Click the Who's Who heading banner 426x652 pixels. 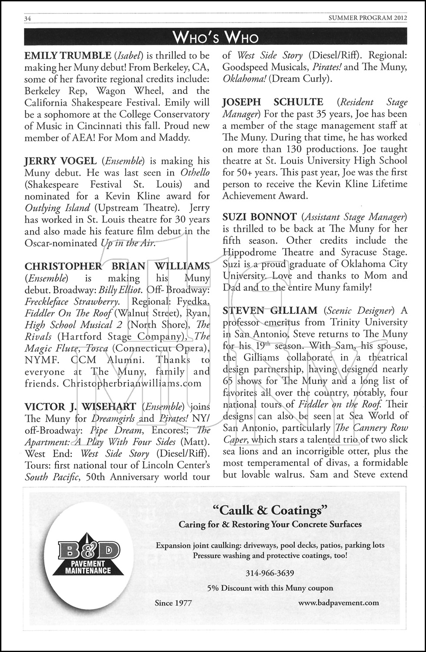coord(216,38)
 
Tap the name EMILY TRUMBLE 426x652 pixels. coord(68,56)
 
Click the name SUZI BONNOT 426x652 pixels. coord(260,216)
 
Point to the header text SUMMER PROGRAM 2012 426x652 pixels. coord(367,18)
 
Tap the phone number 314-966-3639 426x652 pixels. coord(270,573)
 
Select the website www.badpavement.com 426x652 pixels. coord(339,602)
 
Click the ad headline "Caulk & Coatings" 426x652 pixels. coord(270,509)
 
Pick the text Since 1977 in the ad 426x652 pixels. coord(173,603)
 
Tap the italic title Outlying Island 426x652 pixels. coord(57,208)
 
